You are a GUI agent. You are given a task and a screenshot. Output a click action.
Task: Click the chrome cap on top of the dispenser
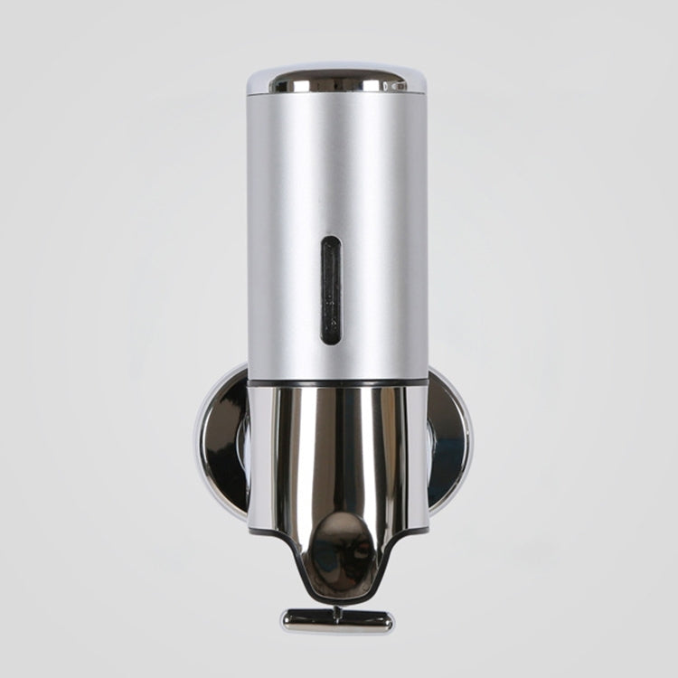coord(336,79)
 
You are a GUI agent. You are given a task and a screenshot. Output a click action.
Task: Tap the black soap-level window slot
coord(331,290)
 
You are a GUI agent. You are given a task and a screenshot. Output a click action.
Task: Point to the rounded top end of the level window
coord(331,241)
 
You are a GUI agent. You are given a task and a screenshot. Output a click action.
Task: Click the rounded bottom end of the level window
coord(331,339)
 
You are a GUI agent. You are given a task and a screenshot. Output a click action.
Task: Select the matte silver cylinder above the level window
coord(336,163)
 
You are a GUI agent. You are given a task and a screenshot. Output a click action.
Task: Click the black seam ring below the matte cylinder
coord(336,383)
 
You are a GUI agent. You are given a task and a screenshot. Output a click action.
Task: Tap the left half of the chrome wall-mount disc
coord(221,443)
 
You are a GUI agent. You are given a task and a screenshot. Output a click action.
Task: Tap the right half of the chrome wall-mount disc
coord(449,443)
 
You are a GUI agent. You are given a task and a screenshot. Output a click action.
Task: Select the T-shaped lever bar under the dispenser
coord(337,620)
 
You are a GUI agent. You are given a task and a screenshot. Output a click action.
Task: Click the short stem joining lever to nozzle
coord(337,607)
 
